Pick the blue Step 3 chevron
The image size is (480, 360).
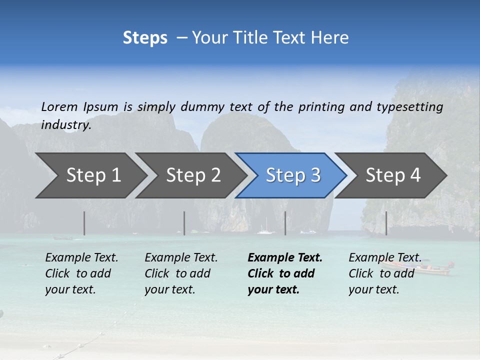click(293, 175)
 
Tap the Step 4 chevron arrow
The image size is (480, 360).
click(393, 175)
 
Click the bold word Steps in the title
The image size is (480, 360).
click(145, 38)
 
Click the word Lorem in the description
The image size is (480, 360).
click(59, 106)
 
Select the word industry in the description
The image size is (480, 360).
click(66, 125)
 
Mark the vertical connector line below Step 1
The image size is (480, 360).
click(84, 223)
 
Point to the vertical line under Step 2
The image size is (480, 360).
click(184, 223)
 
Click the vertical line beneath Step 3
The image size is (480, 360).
click(285, 223)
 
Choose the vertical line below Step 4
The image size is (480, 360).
click(386, 223)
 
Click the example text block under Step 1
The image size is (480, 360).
click(81, 273)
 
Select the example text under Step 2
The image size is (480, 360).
click(181, 273)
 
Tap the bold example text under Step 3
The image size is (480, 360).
click(284, 273)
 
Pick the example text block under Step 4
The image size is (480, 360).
click(384, 273)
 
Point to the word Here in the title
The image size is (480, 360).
click(329, 38)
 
